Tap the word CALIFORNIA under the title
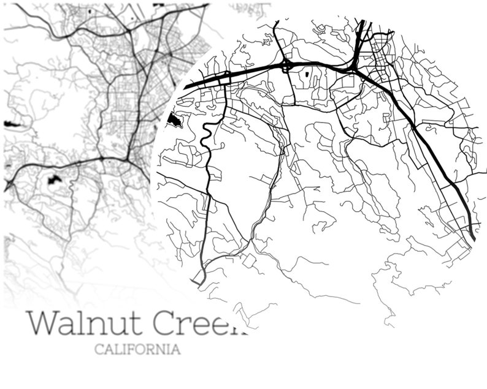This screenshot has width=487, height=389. coord(137,350)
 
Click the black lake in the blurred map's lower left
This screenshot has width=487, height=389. coord(52,180)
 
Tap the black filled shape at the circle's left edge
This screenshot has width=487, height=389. coord(174,120)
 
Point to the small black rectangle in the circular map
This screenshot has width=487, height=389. coord(306,75)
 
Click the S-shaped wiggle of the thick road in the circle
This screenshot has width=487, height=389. coord(207,134)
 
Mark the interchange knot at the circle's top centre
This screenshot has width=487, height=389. coord(286,66)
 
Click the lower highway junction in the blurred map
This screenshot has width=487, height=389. coord(127,158)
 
